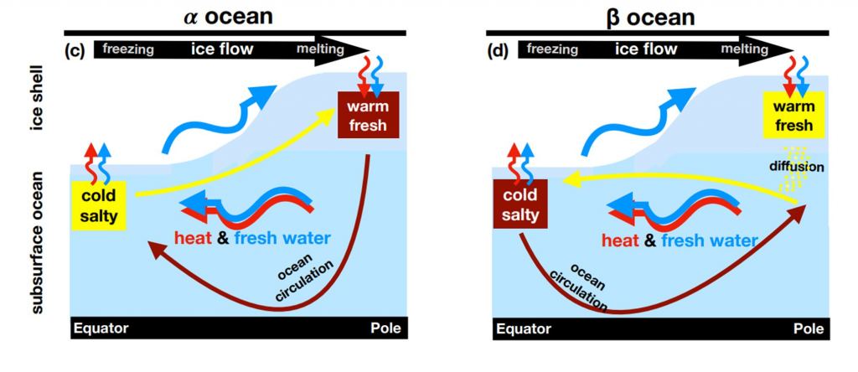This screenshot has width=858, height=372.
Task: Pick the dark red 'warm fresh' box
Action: tap(368, 114)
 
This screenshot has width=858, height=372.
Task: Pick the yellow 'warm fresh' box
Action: tap(793, 116)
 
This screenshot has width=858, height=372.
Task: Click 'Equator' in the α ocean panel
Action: tap(102, 328)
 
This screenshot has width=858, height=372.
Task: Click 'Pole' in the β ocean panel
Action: tap(805, 328)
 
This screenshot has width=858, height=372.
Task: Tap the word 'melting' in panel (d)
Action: tap(745, 49)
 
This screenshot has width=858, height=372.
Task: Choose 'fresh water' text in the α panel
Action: tap(282, 239)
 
